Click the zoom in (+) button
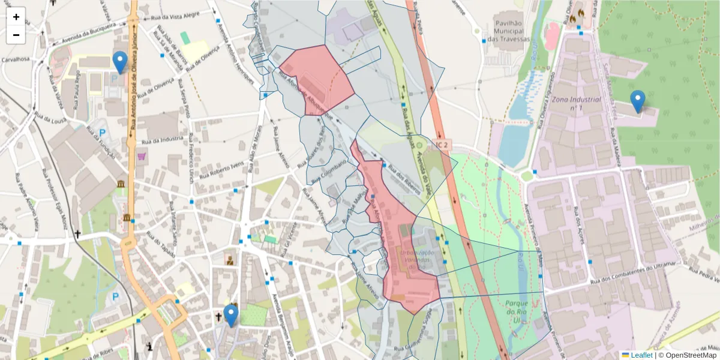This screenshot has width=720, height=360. tap(16, 17)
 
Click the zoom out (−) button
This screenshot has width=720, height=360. tap(16, 35)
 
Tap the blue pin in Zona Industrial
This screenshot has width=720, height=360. tap(638, 101)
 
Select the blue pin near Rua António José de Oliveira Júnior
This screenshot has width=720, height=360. tap(120, 62)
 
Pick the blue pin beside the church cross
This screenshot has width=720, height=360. tap(230, 316)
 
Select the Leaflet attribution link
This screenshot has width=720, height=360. tap(641, 355)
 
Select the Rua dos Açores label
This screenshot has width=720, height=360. tap(580, 221)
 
